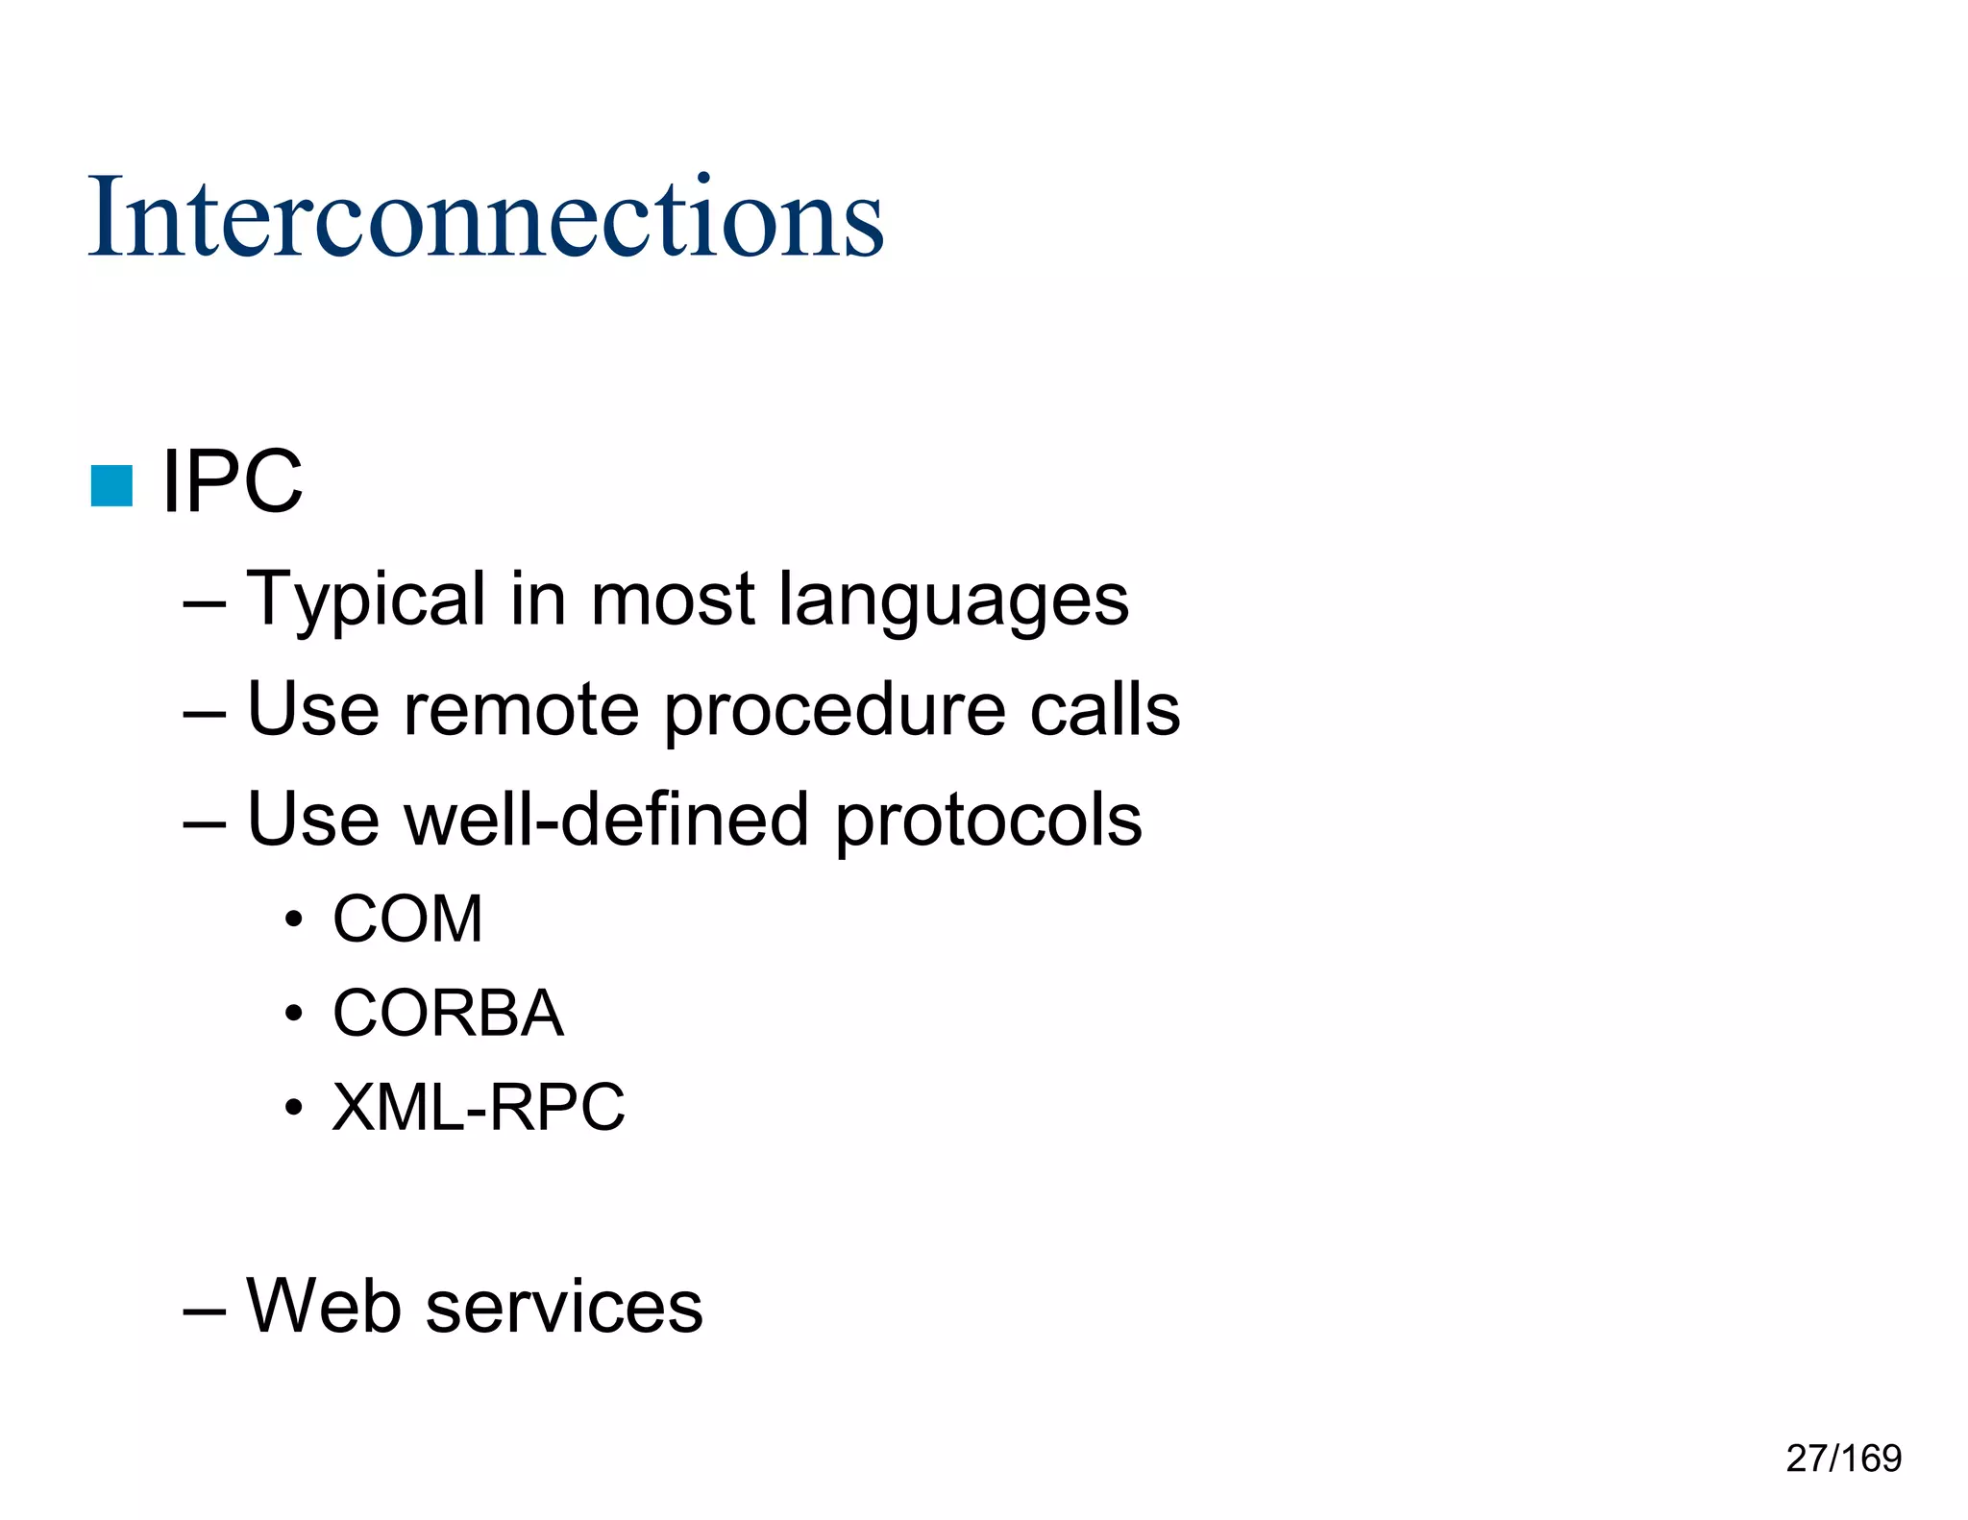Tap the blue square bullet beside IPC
[x=111, y=485]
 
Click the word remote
[x=520, y=710]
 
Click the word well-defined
[x=606, y=820]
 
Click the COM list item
[x=407, y=919]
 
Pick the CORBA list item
[x=448, y=1014]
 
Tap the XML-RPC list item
[x=478, y=1108]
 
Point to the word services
[x=564, y=1308]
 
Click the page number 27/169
[x=1843, y=1458]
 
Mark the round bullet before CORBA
[x=294, y=1015]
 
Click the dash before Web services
[x=204, y=1308]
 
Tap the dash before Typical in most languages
[x=204, y=602]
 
